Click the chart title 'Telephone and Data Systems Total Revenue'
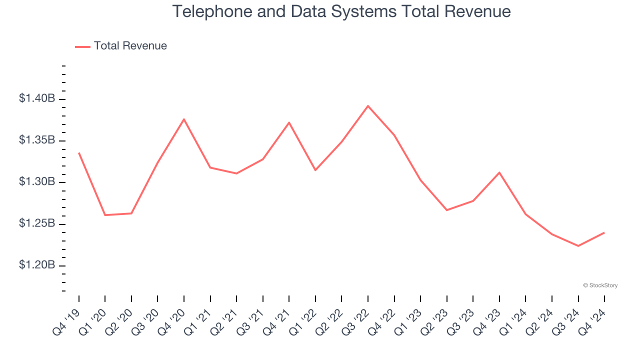coord(341,11)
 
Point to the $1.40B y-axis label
coord(37,99)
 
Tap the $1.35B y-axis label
coord(37,140)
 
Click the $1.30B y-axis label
coord(37,182)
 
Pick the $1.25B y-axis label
coord(37,223)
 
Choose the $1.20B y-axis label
coord(37,265)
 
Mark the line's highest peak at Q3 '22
coord(368,106)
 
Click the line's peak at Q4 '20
coord(184,119)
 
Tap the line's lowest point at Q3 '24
coord(578,246)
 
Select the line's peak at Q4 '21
coord(289,122)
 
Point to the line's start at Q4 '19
coord(79,153)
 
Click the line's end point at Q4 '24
coord(604,232)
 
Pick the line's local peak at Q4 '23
coord(499,172)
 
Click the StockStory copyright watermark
coord(600,285)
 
